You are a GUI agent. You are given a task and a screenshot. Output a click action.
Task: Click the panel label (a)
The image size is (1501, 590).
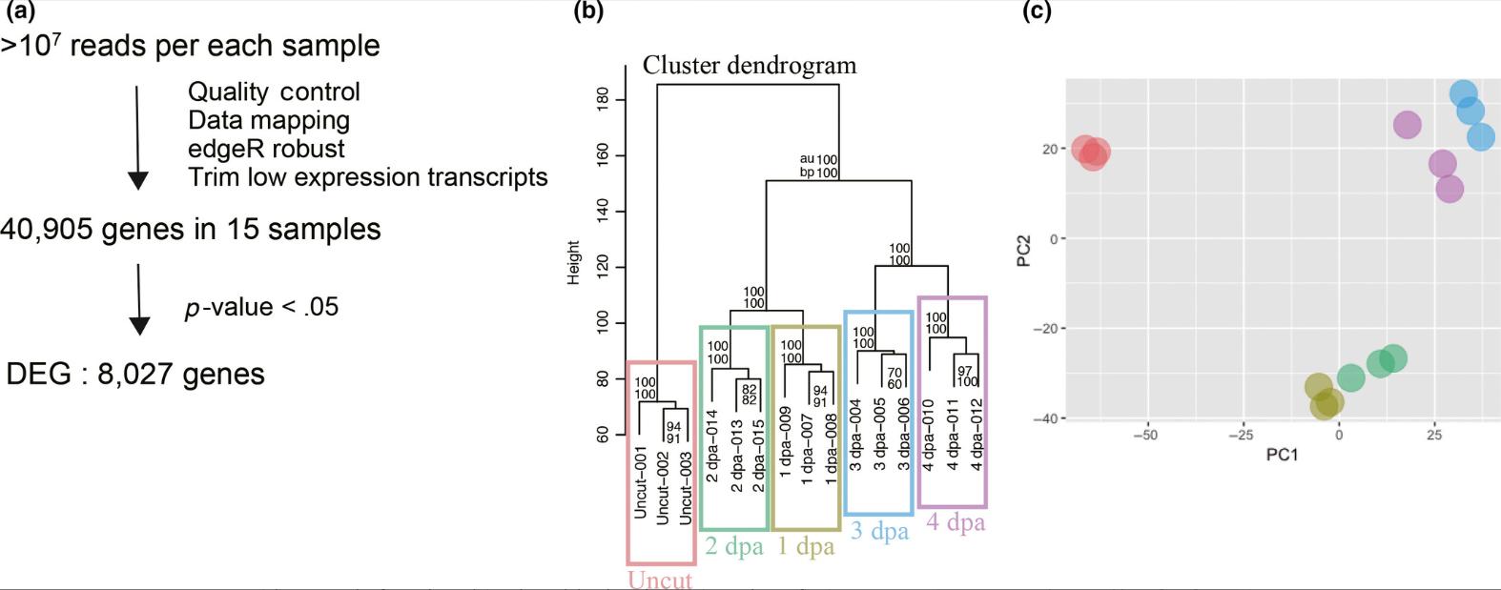tap(20, 11)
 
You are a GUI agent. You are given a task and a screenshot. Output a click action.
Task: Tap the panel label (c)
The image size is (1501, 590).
tap(1037, 11)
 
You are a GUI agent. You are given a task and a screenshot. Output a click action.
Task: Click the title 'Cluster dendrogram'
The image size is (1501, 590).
tap(750, 65)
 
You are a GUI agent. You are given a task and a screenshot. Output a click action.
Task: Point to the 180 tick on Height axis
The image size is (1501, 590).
tap(603, 99)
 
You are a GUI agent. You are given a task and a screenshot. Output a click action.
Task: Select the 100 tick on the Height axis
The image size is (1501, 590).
tap(603, 322)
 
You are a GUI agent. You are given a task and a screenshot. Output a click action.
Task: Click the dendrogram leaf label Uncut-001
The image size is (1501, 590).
tap(641, 482)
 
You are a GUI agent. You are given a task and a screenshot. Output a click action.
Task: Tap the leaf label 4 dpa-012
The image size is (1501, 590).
tap(976, 435)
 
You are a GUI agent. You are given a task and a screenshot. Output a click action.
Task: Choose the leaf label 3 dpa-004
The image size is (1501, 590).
tap(855, 435)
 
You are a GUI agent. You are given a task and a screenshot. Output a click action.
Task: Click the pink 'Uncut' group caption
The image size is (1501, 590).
tap(660, 579)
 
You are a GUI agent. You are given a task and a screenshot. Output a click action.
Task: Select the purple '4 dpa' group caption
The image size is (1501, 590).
tap(956, 522)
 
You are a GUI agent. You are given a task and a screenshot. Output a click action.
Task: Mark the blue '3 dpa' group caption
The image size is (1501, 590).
tap(879, 531)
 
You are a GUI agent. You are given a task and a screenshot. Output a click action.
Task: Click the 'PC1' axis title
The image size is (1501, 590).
tap(1282, 455)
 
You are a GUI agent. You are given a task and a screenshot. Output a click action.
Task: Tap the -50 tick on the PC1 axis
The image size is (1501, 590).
tap(1145, 435)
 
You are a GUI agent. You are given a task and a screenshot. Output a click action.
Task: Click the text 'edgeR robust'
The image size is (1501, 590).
tap(266, 149)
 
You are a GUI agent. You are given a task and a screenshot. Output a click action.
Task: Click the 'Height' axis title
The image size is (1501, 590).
tap(574, 262)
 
